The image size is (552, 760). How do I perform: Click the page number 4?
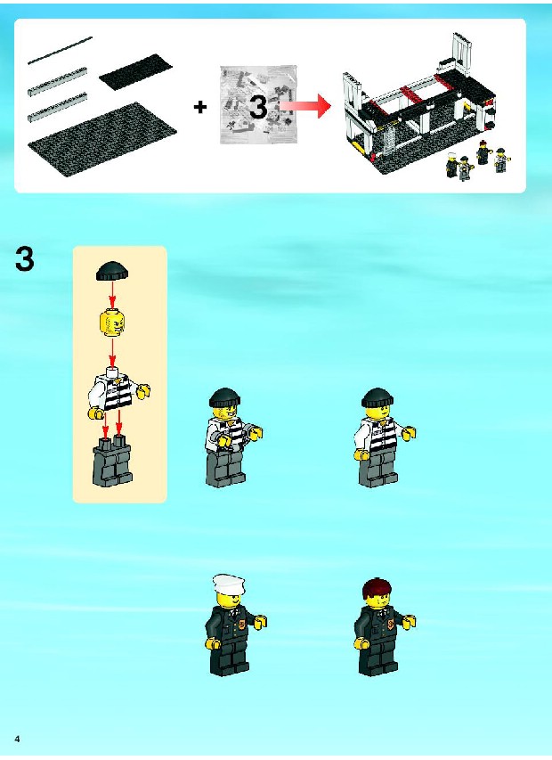(x=18, y=739)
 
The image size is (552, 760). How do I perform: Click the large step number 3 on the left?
(x=25, y=259)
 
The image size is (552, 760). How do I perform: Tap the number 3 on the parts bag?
(x=258, y=107)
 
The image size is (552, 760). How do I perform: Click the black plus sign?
(x=200, y=107)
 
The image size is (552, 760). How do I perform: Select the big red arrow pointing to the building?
(x=305, y=106)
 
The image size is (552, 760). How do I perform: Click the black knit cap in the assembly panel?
(x=113, y=271)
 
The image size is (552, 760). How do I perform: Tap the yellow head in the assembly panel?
(x=112, y=323)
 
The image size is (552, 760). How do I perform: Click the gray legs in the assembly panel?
(x=112, y=461)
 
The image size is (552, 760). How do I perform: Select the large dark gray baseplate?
(x=102, y=140)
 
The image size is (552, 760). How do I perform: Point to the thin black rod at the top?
(x=60, y=50)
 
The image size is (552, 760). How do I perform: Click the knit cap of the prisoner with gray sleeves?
(x=224, y=397)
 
